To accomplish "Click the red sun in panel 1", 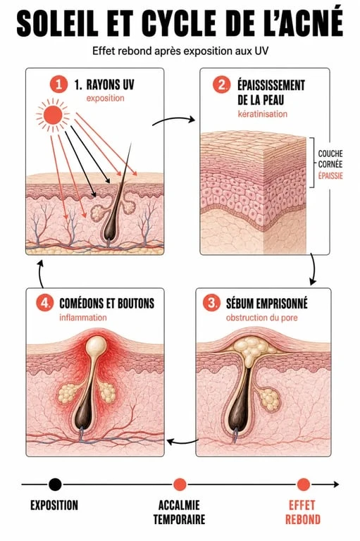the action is click(x=53, y=115).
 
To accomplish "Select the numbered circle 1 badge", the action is click(x=58, y=85).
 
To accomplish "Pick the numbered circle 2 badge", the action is click(x=221, y=85).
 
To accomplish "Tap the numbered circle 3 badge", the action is click(x=211, y=304).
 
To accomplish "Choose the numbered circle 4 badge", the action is click(x=45, y=304).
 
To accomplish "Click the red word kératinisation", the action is click(x=262, y=114).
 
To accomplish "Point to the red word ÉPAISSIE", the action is click(x=330, y=175).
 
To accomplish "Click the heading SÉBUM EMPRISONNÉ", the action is click(x=267, y=304).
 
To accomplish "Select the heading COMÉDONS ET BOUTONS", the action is click(x=107, y=304).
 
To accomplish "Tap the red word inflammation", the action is click(x=83, y=318).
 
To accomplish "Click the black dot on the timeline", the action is click(x=55, y=485).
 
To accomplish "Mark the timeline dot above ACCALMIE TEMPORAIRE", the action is click(x=180, y=485).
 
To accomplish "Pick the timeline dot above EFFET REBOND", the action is click(x=304, y=485).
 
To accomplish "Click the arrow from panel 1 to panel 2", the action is click(x=173, y=118).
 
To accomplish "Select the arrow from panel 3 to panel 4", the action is click(x=182, y=442).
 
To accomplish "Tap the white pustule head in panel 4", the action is click(x=97, y=344).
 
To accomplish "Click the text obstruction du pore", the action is click(x=261, y=318).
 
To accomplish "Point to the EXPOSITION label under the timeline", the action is click(x=54, y=505).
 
